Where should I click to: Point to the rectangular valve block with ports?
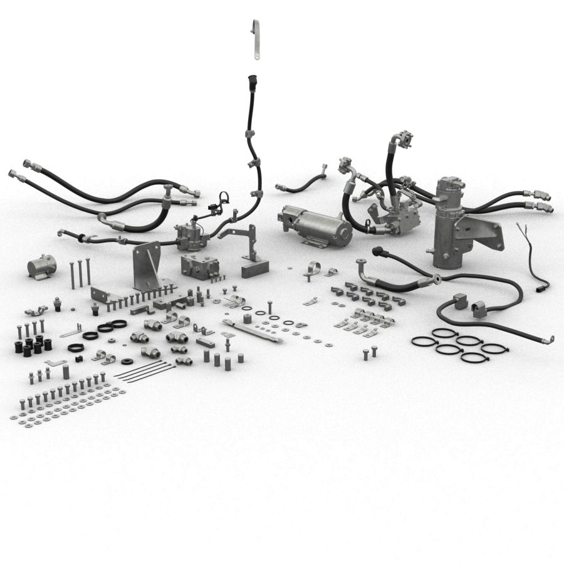(x=199, y=266)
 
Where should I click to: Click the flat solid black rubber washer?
(x=127, y=362)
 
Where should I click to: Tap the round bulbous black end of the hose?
(x=377, y=252)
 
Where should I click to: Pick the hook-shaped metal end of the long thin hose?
(x=550, y=340)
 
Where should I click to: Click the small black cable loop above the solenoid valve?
(x=222, y=199)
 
